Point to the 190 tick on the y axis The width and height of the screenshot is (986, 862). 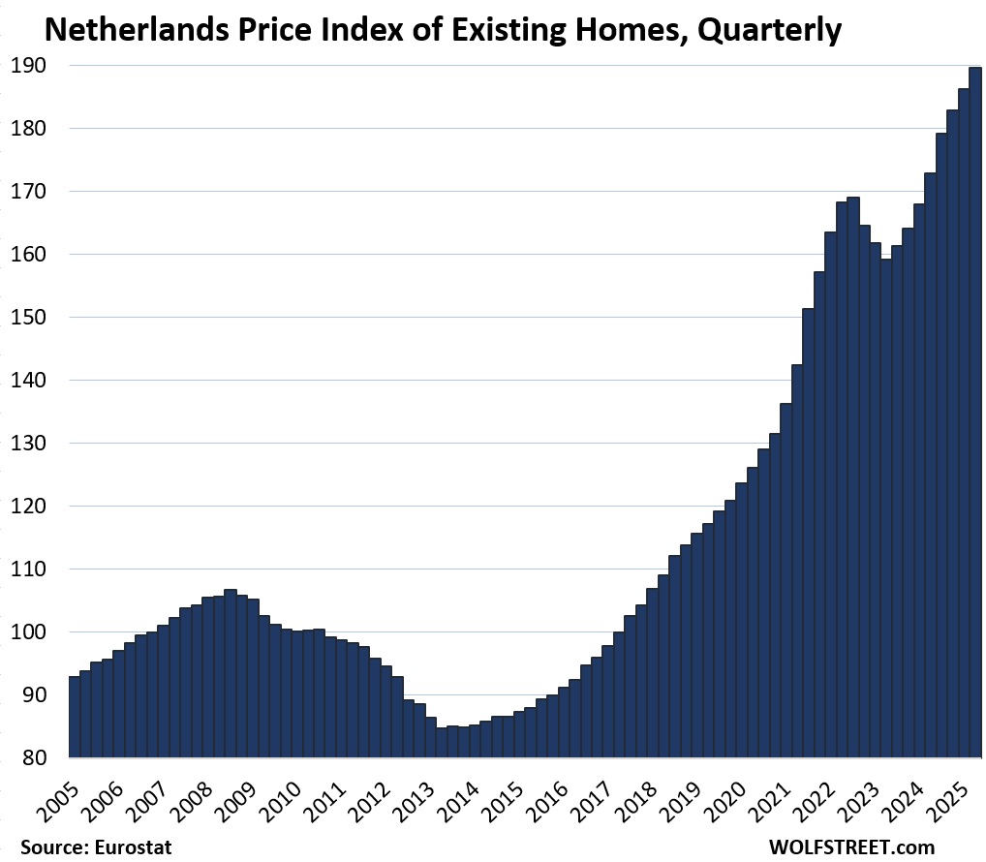coord(35,66)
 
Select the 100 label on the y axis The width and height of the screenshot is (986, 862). coord(35,632)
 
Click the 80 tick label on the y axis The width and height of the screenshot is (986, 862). coord(41,758)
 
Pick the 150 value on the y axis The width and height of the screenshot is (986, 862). coord(35,318)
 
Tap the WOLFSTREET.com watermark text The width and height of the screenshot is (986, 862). coord(851,847)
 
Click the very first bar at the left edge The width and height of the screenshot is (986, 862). coord(75,717)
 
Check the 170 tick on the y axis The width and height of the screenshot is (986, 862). coord(35,192)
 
